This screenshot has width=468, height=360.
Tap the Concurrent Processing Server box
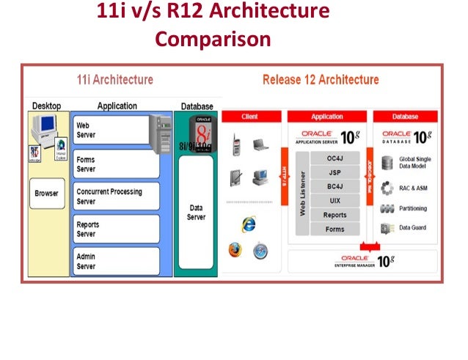(x=116, y=196)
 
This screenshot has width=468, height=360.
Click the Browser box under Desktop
(x=47, y=194)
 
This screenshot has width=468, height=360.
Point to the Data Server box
(x=196, y=213)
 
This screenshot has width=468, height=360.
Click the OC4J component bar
(x=334, y=158)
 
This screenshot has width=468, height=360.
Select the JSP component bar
(x=334, y=172)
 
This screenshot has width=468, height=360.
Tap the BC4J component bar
(x=334, y=187)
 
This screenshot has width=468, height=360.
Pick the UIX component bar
(x=334, y=201)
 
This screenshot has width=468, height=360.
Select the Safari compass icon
(x=260, y=251)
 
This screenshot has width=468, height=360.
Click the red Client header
(x=249, y=117)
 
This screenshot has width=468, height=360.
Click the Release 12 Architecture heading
(x=321, y=79)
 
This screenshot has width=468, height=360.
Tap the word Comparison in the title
(x=213, y=37)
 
